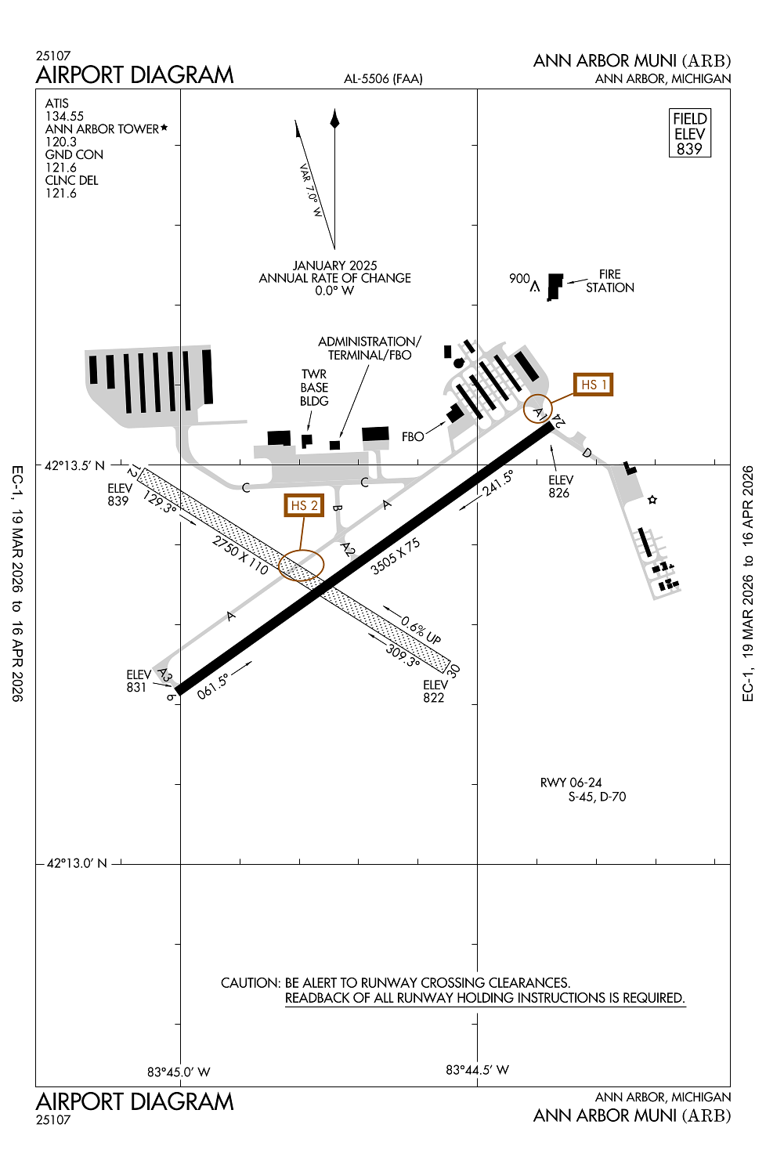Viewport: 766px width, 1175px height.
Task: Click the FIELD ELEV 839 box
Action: (689, 134)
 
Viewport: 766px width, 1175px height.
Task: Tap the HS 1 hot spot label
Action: (593, 385)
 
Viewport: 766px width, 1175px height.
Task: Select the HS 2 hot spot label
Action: (304, 505)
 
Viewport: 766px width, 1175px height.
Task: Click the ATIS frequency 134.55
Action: (64, 116)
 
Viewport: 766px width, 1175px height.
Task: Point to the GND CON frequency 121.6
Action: (61, 168)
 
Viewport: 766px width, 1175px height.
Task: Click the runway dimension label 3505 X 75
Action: (395, 556)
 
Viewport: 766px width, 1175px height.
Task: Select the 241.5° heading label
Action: (498, 483)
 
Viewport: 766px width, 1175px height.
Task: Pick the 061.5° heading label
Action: (212, 686)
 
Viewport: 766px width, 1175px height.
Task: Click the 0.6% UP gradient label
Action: (421, 630)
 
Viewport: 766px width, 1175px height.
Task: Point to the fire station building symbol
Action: (555, 286)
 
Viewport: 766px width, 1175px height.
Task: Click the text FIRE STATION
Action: (610, 281)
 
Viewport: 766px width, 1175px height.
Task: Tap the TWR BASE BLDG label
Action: (314, 388)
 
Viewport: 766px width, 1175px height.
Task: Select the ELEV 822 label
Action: (434, 691)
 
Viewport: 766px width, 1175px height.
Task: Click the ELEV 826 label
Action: (560, 486)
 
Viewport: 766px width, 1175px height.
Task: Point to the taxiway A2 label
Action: (348, 550)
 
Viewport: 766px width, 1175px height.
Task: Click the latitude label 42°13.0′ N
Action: (75, 863)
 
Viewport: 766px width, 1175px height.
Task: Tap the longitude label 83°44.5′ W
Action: (477, 1070)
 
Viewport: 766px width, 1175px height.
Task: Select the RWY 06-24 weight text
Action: (583, 790)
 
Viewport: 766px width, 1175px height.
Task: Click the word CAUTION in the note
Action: (250, 983)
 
